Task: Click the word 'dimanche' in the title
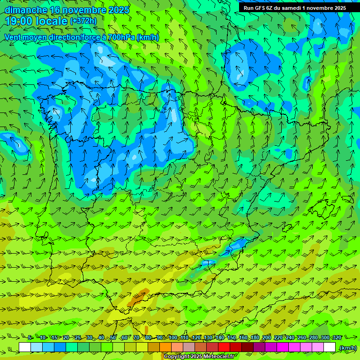click(26, 10)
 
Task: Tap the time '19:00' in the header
click(21, 21)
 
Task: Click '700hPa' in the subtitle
click(121, 37)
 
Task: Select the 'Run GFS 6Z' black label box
click(294, 7)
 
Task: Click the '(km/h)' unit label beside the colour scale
click(347, 348)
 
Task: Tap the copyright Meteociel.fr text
click(200, 357)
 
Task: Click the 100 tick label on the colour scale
click(172, 337)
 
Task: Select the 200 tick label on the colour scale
click(266, 337)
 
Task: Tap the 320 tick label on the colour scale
click(337, 337)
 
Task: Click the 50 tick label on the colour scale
click(113, 337)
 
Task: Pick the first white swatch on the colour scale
click(25, 347)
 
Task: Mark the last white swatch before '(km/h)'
click(330, 347)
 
